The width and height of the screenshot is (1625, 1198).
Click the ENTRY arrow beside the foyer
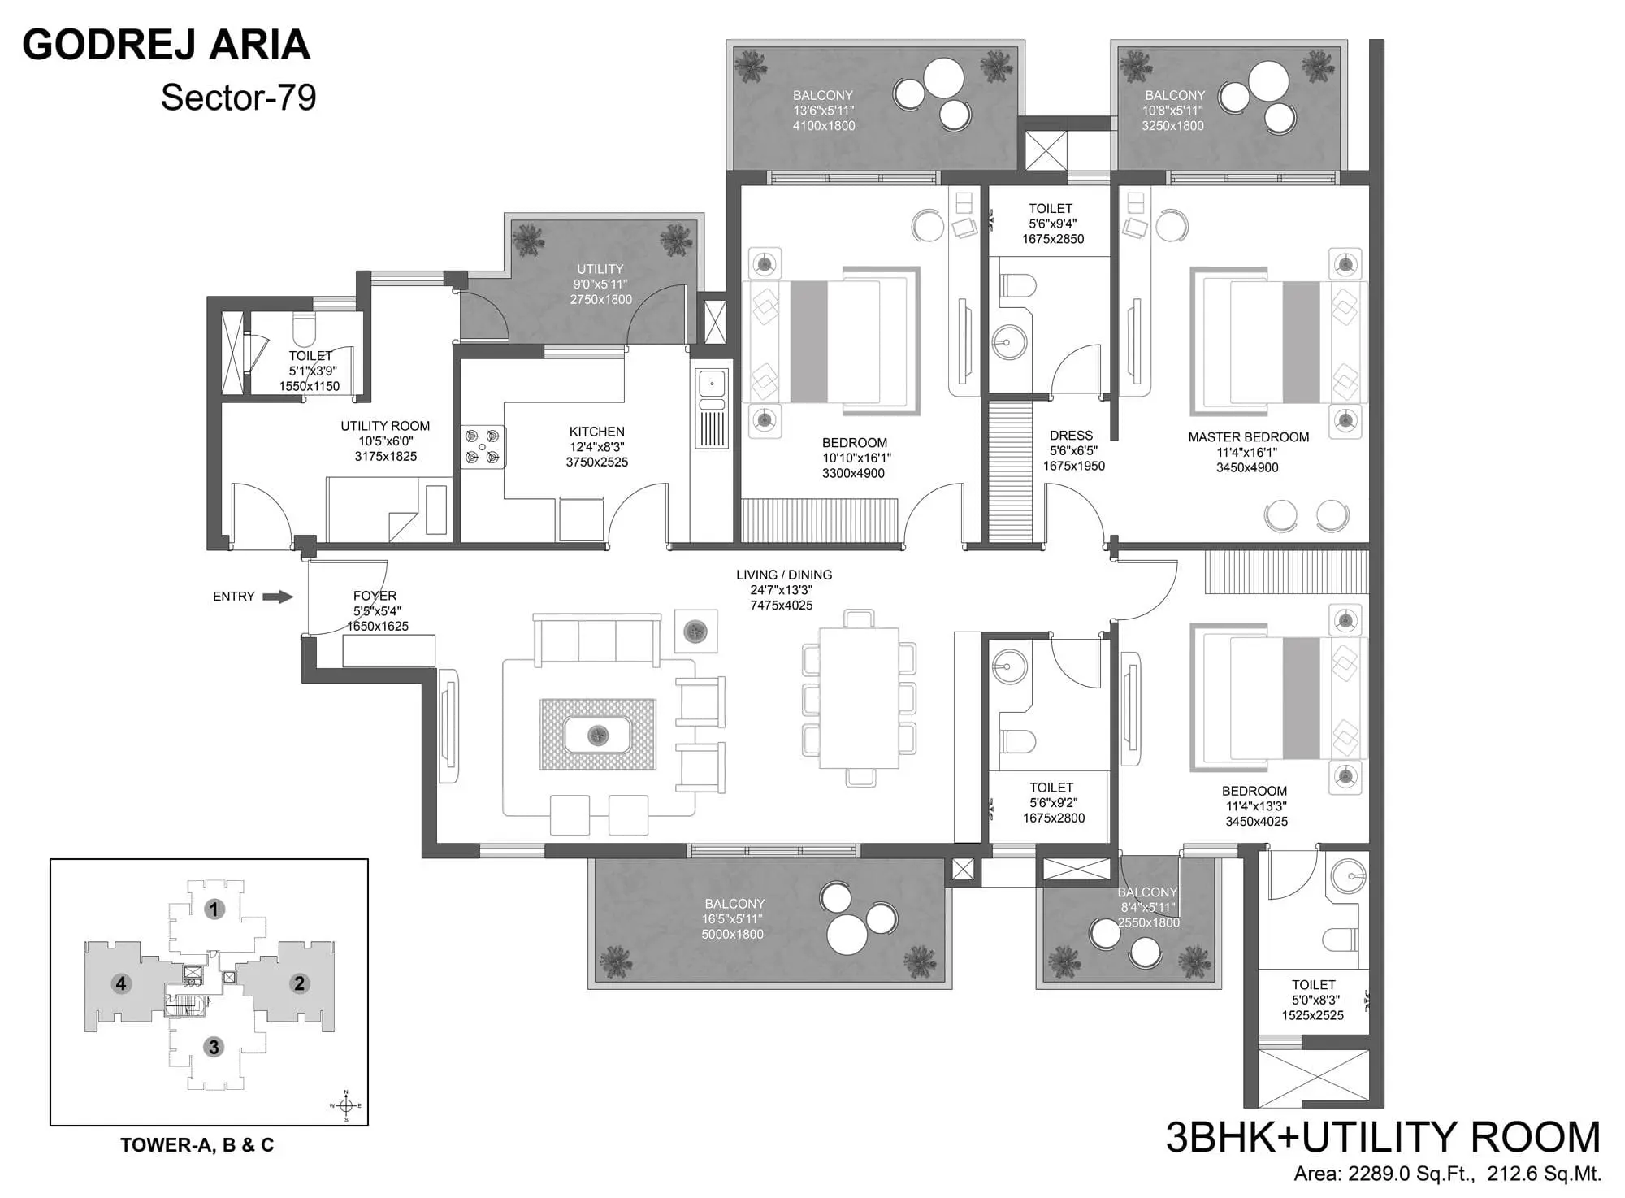click(x=278, y=597)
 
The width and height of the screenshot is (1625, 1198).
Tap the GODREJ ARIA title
click(x=167, y=45)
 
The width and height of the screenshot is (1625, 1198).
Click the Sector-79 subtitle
click(x=238, y=98)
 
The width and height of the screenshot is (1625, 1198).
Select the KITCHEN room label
click(x=596, y=432)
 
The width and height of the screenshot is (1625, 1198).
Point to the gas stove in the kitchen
click(x=482, y=447)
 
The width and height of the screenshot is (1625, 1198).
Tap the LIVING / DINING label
click(x=783, y=575)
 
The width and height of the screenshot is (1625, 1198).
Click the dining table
click(x=859, y=698)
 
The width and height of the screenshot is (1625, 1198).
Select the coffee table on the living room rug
click(x=598, y=735)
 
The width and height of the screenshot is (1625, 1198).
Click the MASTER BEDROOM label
click(x=1248, y=437)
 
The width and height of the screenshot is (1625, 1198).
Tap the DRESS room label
click(x=1071, y=436)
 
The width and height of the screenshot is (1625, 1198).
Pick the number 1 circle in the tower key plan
click(x=214, y=909)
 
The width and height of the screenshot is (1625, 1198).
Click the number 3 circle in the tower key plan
click(x=214, y=1047)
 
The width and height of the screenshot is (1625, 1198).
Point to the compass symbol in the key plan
click(x=346, y=1106)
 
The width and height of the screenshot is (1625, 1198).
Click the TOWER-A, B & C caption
click(x=197, y=1145)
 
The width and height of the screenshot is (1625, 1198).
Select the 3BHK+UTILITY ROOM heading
click(x=1382, y=1137)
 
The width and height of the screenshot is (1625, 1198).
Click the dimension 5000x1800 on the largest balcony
click(x=732, y=935)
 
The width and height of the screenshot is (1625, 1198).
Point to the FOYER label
click(x=375, y=596)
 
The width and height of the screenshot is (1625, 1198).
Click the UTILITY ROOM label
click(x=385, y=426)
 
